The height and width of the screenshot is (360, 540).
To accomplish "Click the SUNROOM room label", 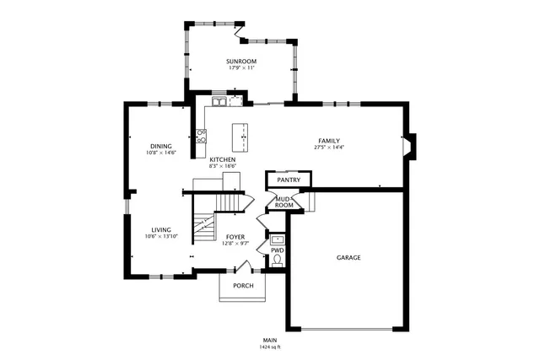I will [241, 62].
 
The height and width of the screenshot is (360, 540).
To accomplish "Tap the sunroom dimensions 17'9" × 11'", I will [241, 68].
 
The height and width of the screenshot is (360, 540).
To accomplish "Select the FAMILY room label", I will [329, 140].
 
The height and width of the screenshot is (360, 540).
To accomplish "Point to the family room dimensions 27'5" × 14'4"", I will [329, 148].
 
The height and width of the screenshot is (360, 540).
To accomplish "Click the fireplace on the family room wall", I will [408, 146].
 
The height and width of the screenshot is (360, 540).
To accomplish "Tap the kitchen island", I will [241, 136].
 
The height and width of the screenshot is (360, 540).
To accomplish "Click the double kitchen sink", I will [219, 101].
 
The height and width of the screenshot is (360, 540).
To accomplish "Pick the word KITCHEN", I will [223, 159].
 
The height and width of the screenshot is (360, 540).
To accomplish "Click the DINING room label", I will [161, 145].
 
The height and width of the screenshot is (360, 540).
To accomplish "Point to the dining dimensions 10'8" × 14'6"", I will [161, 153].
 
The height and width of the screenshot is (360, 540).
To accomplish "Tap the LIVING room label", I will [161, 229].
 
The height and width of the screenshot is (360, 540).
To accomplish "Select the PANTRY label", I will [289, 180].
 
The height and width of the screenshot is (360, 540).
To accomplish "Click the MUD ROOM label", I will [283, 202].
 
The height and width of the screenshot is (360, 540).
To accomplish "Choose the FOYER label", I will [234, 237].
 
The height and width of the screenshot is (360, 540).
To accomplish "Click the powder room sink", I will [277, 239].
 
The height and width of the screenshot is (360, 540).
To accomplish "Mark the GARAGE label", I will [348, 257].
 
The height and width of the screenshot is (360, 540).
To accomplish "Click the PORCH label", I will [243, 285].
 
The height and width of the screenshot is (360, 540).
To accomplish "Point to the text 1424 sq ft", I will [270, 347].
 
